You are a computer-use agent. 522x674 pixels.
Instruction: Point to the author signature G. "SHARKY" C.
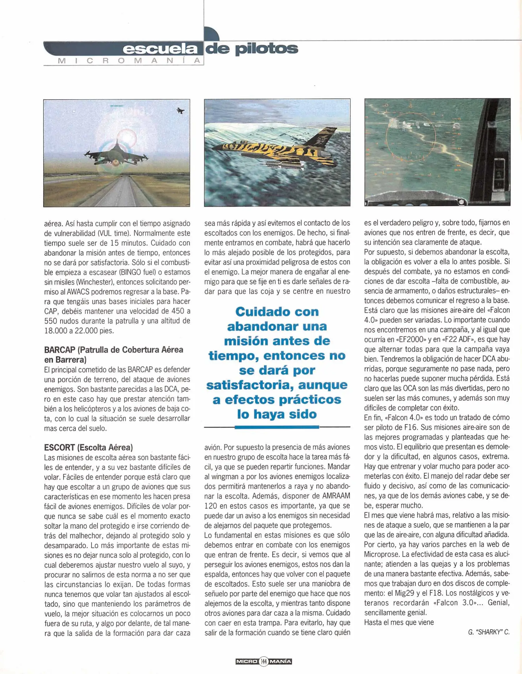click(x=489, y=632)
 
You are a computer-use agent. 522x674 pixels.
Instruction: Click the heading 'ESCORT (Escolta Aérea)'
click(x=89, y=447)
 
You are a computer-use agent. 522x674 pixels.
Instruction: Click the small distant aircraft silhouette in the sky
click(x=180, y=110)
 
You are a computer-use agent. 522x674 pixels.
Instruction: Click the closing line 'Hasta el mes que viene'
click(x=399, y=622)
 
